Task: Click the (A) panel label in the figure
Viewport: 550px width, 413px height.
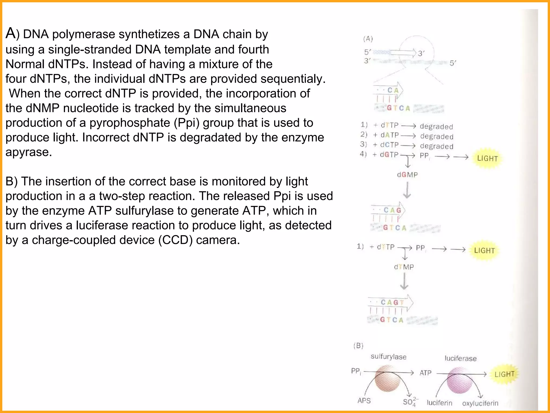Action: [368, 39]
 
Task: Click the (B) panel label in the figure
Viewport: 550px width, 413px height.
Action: [358, 346]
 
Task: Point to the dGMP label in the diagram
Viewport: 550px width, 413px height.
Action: [407, 175]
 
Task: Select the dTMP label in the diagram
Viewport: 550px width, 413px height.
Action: [404, 267]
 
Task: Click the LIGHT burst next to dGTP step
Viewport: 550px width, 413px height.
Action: [487, 158]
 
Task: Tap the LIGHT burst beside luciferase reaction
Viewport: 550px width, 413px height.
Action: [504, 374]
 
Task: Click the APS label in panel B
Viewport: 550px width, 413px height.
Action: [364, 401]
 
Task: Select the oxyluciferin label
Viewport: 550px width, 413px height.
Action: [480, 403]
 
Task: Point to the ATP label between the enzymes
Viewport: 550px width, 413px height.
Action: [425, 373]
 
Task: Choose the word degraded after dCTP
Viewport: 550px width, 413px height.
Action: [437, 146]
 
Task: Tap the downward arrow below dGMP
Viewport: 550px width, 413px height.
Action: [407, 190]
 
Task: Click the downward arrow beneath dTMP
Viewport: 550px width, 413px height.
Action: [404, 281]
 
